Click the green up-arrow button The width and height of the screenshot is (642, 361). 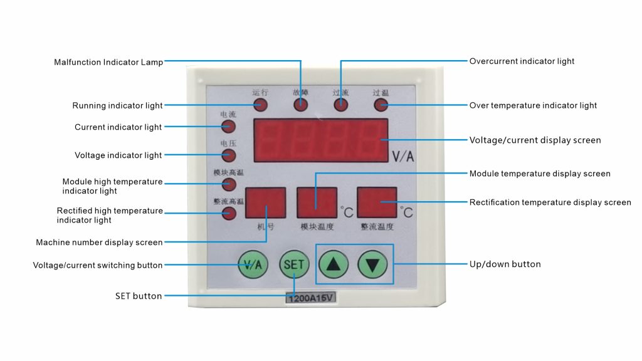coord(334,265)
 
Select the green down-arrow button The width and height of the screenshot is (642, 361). coord(373,265)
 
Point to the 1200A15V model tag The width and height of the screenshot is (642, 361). coord(311,298)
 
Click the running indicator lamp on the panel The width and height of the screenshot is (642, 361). coord(261,105)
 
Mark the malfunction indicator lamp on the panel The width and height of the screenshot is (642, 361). coord(301,105)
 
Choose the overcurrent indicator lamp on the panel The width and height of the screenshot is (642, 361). coord(340,105)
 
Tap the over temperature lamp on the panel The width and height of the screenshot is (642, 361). coord(381,105)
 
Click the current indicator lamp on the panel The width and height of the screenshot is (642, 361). coord(229,127)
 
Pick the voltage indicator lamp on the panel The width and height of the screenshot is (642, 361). coord(229,155)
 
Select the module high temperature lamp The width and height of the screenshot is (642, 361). coord(229,184)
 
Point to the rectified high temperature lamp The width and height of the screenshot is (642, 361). coord(229,213)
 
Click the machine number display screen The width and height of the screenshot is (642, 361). coord(265,202)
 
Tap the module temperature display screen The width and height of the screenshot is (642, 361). coord(317,202)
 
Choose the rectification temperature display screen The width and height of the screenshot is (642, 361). coord(377,202)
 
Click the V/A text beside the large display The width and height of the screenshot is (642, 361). coord(403,157)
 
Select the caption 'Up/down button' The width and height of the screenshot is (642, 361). coord(505,264)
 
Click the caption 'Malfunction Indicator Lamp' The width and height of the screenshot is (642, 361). coord(108,62)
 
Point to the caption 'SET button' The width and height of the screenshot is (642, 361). coord(139,296)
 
